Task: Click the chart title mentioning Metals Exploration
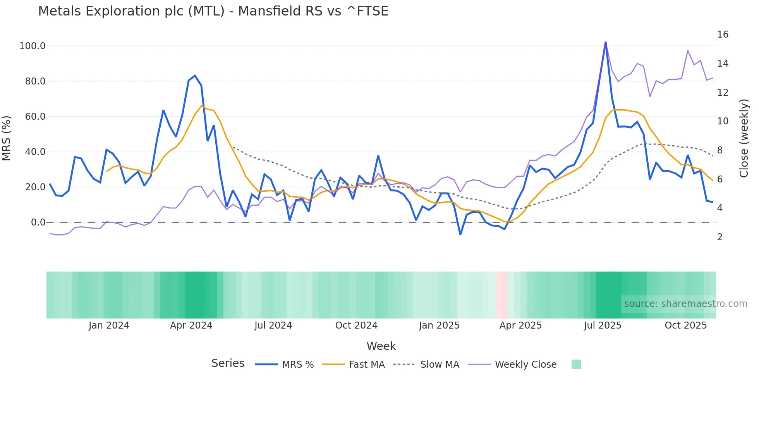(x=213, y=11)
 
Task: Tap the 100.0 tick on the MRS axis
(x=33, y=46)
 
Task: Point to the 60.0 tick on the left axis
(x=35, y=117)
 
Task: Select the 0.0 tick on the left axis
(x=38, y=222)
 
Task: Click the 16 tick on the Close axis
(x=723, y=34)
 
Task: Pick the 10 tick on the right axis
(x=723, y=121)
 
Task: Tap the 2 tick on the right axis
(x=720, y=237)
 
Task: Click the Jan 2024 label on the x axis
(x=109, y=325)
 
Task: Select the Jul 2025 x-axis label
(x=603, y=325)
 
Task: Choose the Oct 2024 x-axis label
(x=356, y=325)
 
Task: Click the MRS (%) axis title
(x=7, y=138)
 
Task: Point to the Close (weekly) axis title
(x=744, y=138)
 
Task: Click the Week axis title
(x=381, y=346)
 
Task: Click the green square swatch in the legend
(x=576, y=364)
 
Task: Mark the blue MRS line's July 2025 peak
(x=606, y=43)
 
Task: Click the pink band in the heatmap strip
(x=501, y=295)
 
